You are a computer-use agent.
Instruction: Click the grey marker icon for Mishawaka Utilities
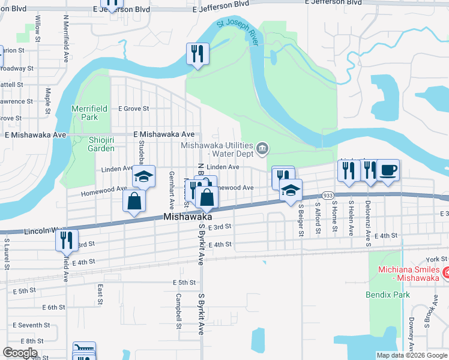tap(262, 148)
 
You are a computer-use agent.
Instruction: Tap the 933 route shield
tap(327, 196)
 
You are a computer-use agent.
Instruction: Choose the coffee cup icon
tap(388, 170)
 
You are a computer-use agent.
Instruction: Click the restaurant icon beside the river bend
tap(196, 53)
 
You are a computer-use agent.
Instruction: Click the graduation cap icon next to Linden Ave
tap(143, 176)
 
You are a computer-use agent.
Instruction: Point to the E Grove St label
tap(133, 109)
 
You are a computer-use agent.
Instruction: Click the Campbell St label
tap(178, 311)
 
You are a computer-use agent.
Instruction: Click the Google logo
tap(20, 353)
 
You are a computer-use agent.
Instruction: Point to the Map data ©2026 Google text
tap(411, 355)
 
